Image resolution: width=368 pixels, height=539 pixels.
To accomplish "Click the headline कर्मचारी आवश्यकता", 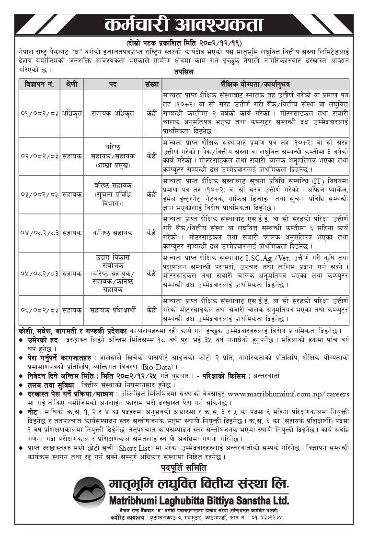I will click(x=184, y=24).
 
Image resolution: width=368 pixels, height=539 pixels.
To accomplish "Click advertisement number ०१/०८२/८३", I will click(x=40, y=114).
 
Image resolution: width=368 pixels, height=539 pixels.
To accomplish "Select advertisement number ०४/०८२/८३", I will click(x=40, y=233).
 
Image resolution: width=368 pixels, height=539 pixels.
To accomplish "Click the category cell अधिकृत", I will click(x=72, y=114).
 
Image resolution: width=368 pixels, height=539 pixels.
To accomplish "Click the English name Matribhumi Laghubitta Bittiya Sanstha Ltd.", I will click(x=196, y=500).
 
